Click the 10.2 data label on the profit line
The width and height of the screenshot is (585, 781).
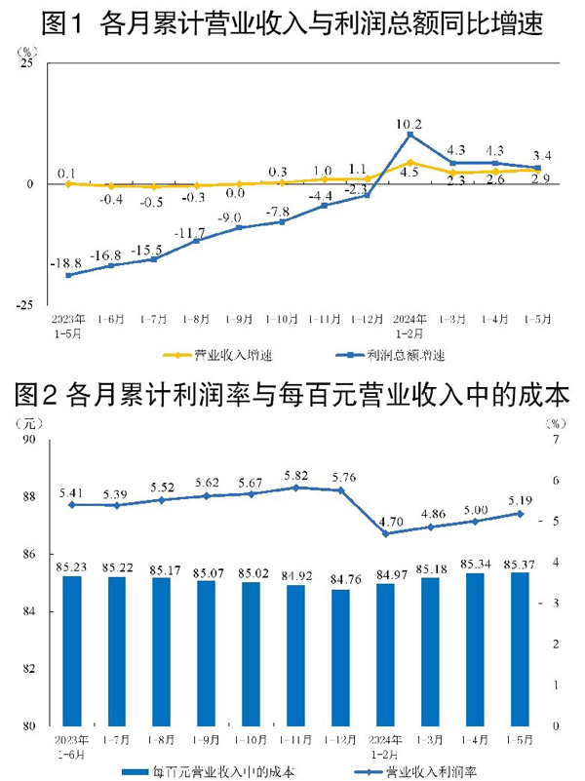tap(409, 125)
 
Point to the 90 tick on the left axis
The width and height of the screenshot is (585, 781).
tap(26, 440)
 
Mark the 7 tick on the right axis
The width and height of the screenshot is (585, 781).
tap(554, 440)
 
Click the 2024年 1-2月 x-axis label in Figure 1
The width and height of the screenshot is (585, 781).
tap(409, 324)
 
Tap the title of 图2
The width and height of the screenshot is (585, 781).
tap(292, 395)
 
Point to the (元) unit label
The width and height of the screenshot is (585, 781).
tap(29, 423)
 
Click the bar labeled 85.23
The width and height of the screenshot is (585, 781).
tap(70, 650)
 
